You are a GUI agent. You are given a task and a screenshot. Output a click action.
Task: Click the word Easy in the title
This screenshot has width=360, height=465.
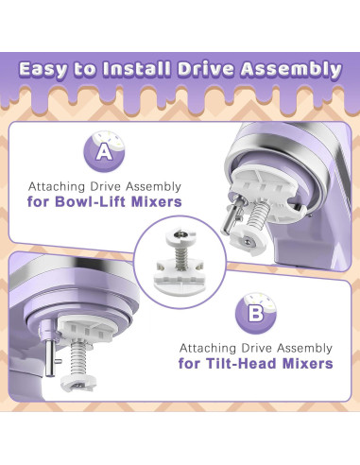click(48, 69)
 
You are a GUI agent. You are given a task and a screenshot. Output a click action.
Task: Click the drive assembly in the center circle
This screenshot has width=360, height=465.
click(180, 253)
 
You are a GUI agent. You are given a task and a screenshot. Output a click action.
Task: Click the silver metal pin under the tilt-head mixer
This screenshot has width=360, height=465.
click(47, 358)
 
